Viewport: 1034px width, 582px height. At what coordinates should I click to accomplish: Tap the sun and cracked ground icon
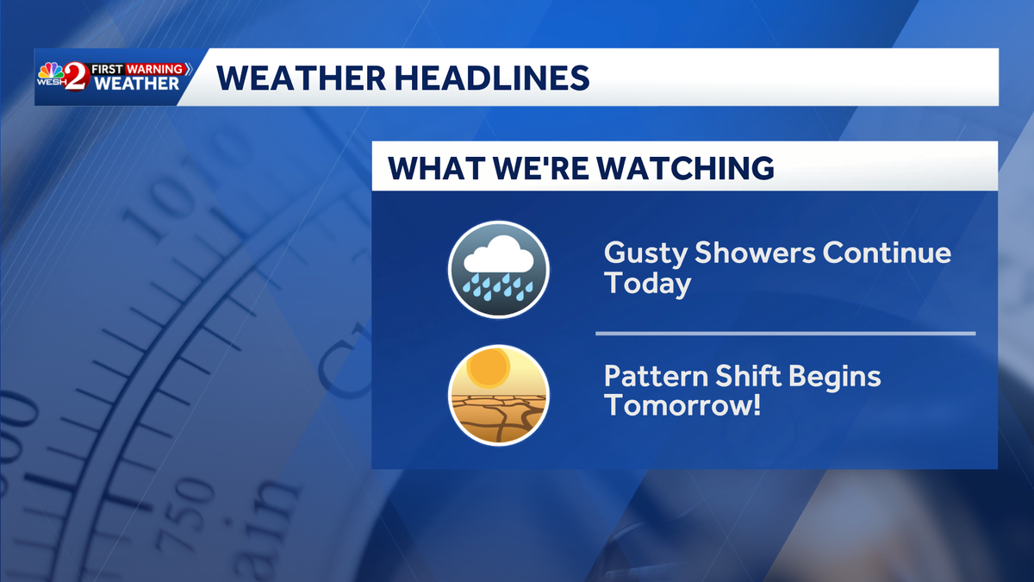[498, 395]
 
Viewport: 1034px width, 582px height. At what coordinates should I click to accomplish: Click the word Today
[647, 284]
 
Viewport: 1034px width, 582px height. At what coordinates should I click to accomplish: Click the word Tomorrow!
[682, 405]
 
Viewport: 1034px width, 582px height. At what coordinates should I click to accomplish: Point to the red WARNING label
[154, 68]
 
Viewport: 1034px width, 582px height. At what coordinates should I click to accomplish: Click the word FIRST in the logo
[109, 68]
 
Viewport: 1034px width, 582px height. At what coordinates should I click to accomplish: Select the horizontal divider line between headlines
[785, 333]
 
